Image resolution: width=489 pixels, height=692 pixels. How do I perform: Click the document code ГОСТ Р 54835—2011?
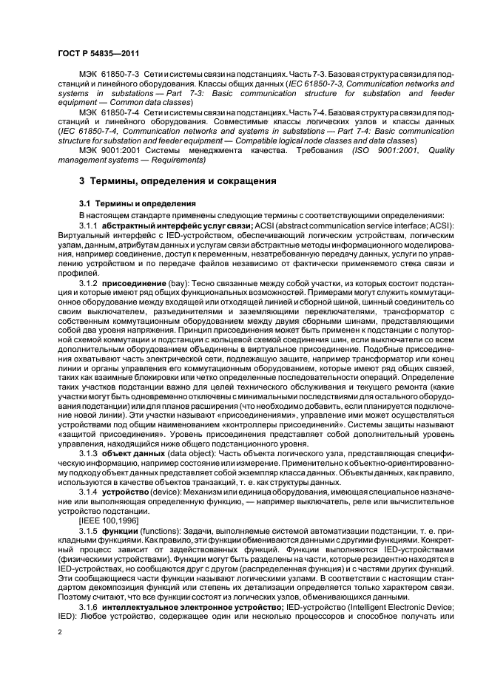[98, 54]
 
